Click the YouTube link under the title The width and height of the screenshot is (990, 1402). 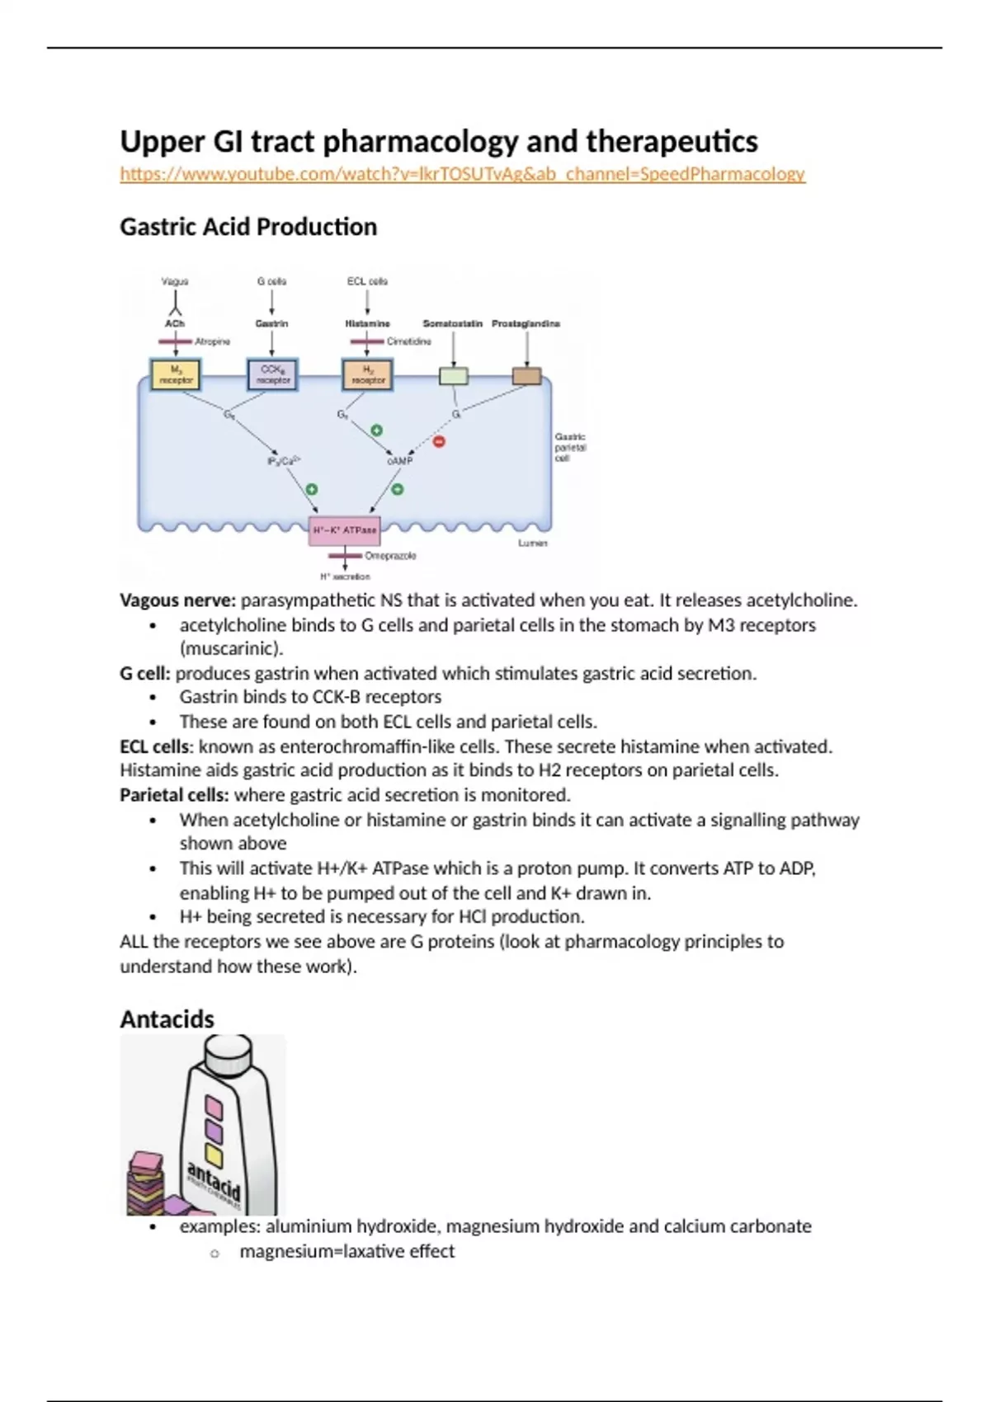pos(462,174)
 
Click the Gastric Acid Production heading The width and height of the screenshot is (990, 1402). pos(248,227)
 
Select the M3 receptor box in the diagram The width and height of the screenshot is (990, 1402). pos(176,375)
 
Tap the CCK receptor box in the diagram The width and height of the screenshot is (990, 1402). pos(273,375)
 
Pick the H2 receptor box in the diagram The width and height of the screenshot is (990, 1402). pos(368,375)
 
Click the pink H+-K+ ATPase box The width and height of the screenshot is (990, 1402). pos(345,530)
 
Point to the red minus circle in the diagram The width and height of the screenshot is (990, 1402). pos(439,442)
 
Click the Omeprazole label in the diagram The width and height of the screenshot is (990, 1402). pos(390,556)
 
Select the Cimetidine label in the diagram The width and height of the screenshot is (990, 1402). pos(408,341)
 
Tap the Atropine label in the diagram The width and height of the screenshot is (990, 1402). pos(212,341)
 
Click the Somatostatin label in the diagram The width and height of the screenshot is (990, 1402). pos(452,324)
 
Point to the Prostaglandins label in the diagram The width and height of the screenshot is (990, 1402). pos(526,324)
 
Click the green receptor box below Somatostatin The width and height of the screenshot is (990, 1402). pos(453,377)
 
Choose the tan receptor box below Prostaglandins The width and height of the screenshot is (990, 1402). pos(526,377)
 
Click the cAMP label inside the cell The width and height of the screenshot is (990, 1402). pos(399,461)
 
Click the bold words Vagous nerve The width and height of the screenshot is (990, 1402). pos(177,600)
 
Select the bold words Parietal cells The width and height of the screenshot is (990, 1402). pos(174,795)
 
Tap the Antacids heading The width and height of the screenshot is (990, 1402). pos(167,1019)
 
